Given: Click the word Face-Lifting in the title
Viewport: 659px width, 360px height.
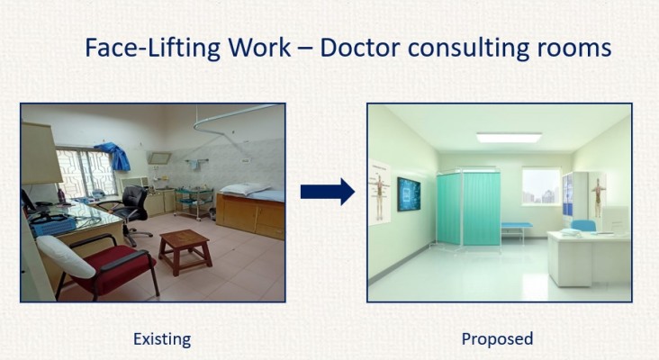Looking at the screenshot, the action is coord(153,48).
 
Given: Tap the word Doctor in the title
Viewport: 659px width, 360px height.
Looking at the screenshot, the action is coord(359,48).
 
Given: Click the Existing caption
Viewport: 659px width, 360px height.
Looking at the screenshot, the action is coord(162,339).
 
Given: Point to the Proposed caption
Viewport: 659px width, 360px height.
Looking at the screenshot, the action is coord(497,339).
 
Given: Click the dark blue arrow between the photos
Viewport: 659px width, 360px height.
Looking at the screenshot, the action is coord(328,192).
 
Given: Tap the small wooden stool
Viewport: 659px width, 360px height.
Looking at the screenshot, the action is coord(185,251).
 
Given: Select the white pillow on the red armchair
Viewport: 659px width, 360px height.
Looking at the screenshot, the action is coord(66,256).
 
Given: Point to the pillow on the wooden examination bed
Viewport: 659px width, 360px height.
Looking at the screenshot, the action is coord(246,189).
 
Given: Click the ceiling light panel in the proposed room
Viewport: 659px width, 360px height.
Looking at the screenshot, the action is coord(509,138).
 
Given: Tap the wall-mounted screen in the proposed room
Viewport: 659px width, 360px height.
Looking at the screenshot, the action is coord(409,193).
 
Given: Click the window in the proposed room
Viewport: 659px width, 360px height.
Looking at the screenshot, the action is coord(542,186).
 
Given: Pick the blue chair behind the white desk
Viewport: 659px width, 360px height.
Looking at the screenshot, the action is coord(583,226).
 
